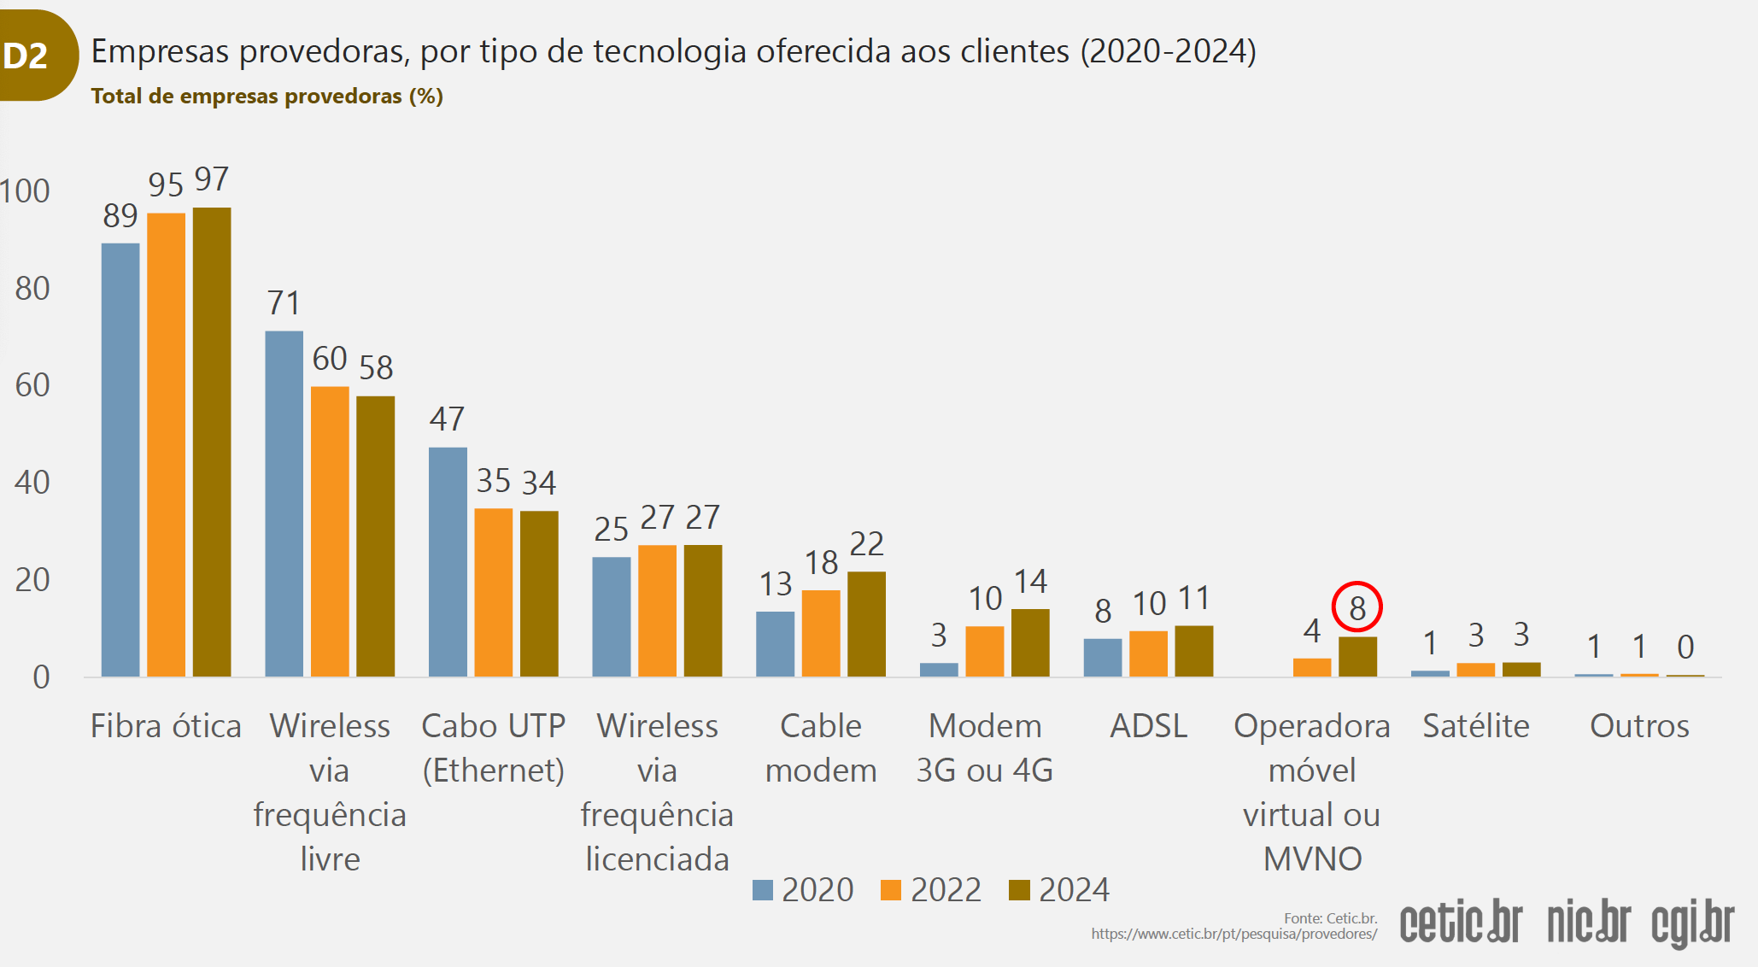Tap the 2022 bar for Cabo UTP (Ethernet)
pyautogui.click(x=493, y=592)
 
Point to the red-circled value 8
pyautogui.click(x=1357, y=607)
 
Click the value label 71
pyautogui.click(x=284, y=303)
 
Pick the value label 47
pyautogui.click(x=447, y=419)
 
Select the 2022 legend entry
pyautogui.click(x=931, y=890)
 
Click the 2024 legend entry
pyautogui.click(x=1059, y=890)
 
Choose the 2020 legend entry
pyautogui.click(x=803, y=890)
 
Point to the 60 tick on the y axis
pyautogui.click(x=32, y=385)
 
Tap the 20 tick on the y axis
pyautogui.click(x=32, y=580)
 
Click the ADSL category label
pyautogui.click(x=1148, y=726)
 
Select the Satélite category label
pyautogui.click(x=1475, y=726)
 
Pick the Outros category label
pyautogui.click(x=1639, y=726)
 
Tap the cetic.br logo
pyautogui.click(x=1461, y=923)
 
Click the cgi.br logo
pyautogui.click(x=1692, y=923)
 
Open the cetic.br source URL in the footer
pyautogui.click(x=1234, y=934)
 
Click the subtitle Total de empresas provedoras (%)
pyautogui.click(x=267, y=96)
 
